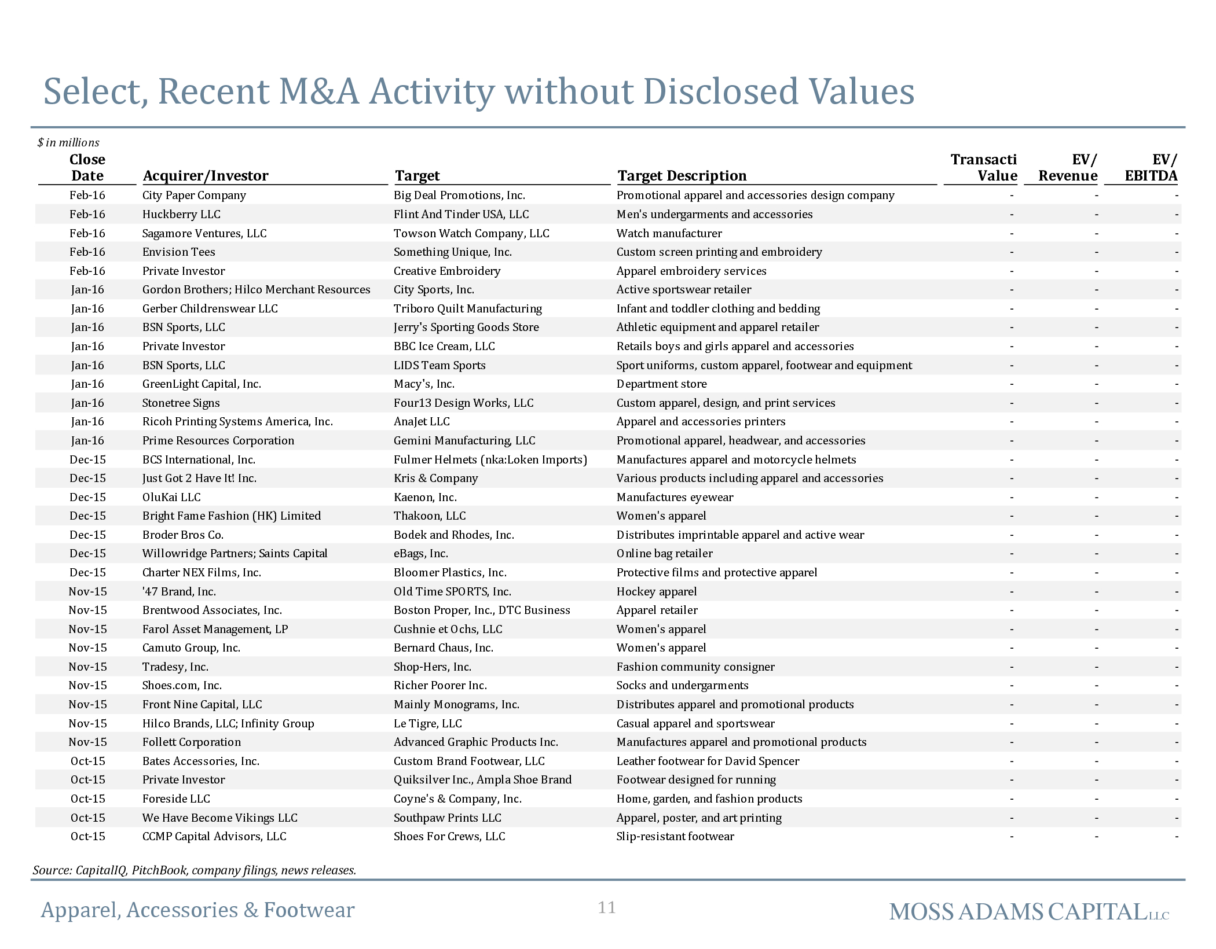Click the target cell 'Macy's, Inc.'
pos(424,384)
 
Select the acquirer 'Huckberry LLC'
pos(181,214)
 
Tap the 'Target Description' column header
pos(682,175)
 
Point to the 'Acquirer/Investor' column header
pos(206,175)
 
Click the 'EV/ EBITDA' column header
pos(1151,167)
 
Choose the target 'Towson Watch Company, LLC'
pos(471,233)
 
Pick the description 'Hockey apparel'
pos(657,591)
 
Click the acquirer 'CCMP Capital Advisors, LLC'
pos(214,836)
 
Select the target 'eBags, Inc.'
pos(421,553)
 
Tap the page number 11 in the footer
pos(607,907)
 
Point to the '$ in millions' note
pos(68,142)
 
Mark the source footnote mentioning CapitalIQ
pos(195,870)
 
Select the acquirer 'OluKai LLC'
pos(171,497)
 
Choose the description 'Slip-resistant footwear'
pos(675,836)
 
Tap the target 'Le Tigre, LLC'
pos(428,723)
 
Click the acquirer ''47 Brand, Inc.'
pos(179,591)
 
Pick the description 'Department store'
pos(662,384)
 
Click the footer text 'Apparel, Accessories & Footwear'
pos(197,910)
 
